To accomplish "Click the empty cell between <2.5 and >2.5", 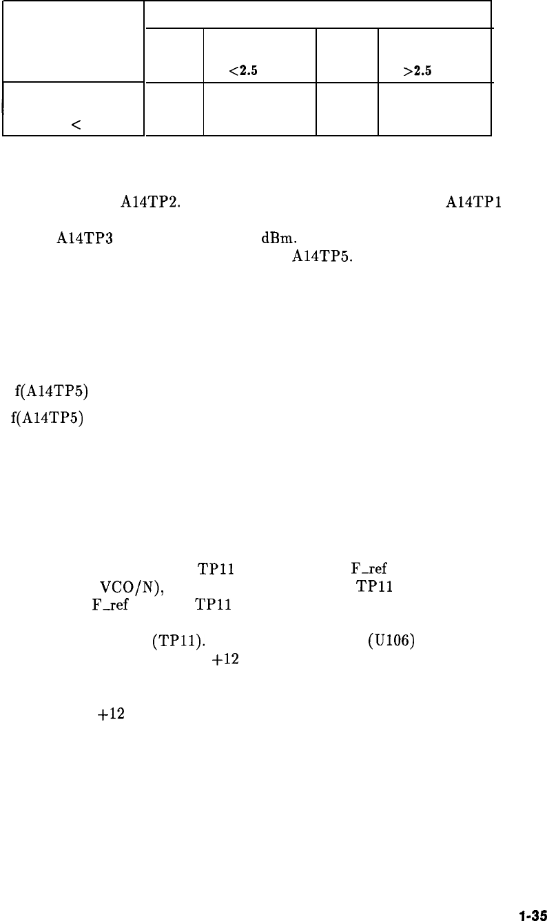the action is pyautogui.click(x=347, y=56).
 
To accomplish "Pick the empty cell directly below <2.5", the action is pyautogui.click(x=259, y=109).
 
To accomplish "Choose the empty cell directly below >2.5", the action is pyautogui.click(x=434, y=109).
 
